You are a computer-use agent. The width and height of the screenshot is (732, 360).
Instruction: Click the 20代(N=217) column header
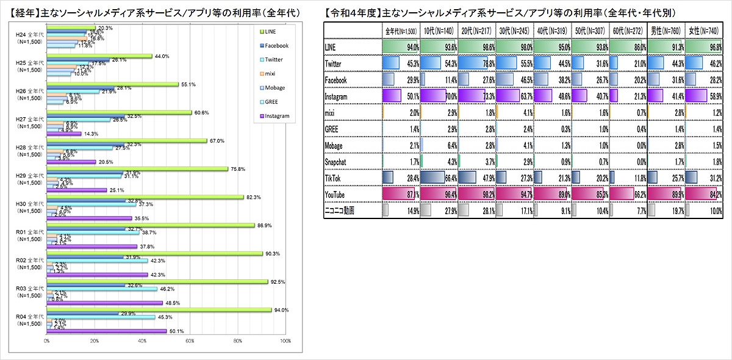[476, 31]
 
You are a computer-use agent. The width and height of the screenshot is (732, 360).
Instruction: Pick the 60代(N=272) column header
[628, 31]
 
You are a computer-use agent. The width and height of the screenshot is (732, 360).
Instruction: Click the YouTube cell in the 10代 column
[438, 193]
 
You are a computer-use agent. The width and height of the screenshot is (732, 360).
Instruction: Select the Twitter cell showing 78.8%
[476, 63]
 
